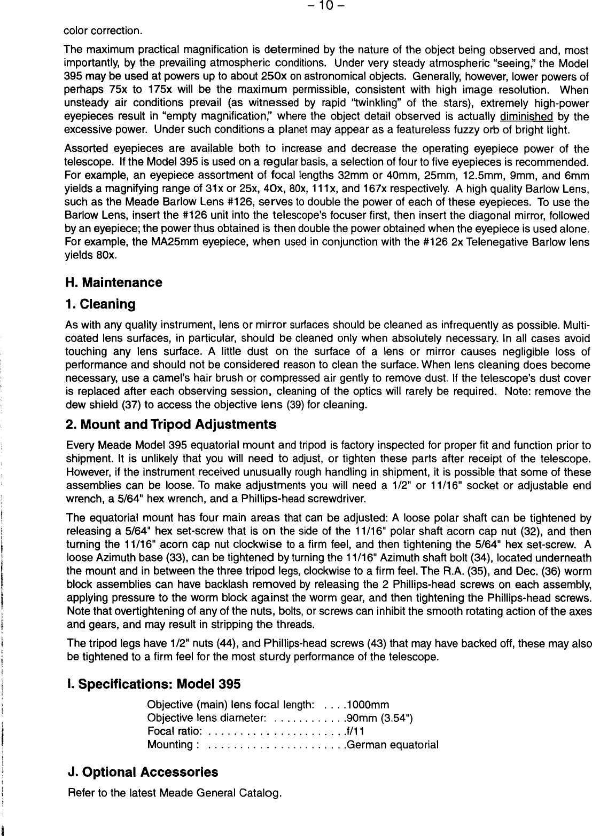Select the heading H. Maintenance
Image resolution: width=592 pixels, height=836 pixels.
(x=113, y=282)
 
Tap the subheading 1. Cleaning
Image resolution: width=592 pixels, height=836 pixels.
(x=100, y=304)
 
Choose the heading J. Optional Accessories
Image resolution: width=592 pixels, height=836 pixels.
(x=143, y=772)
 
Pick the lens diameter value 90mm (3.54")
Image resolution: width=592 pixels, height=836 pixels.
(x=380, y=719)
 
